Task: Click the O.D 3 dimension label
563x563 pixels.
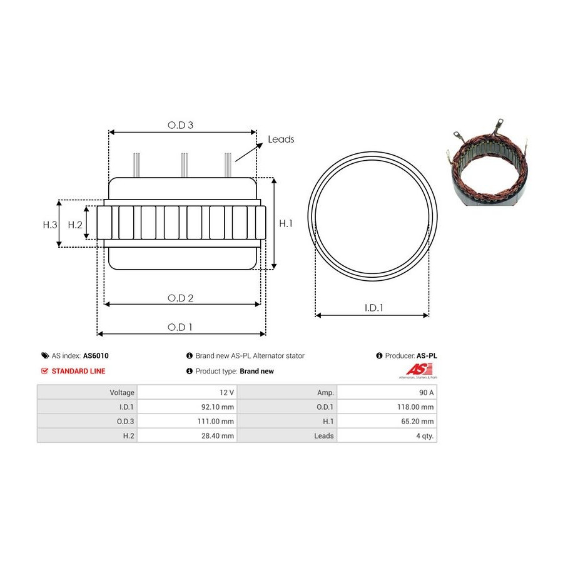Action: click(180, 125)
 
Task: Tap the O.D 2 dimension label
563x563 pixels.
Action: click(180, 298)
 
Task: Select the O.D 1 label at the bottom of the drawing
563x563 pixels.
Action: click(180, 327)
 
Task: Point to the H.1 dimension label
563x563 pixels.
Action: click(286, 223)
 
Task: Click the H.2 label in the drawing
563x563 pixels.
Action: click(75, 225)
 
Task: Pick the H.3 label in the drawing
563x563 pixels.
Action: click(50, 225)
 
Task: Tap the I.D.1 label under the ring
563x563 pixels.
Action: click(374, 308)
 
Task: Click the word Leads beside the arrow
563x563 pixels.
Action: click(281, 139)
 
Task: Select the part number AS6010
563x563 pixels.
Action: click(96, 355)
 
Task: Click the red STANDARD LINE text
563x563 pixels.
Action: click(79, 371)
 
